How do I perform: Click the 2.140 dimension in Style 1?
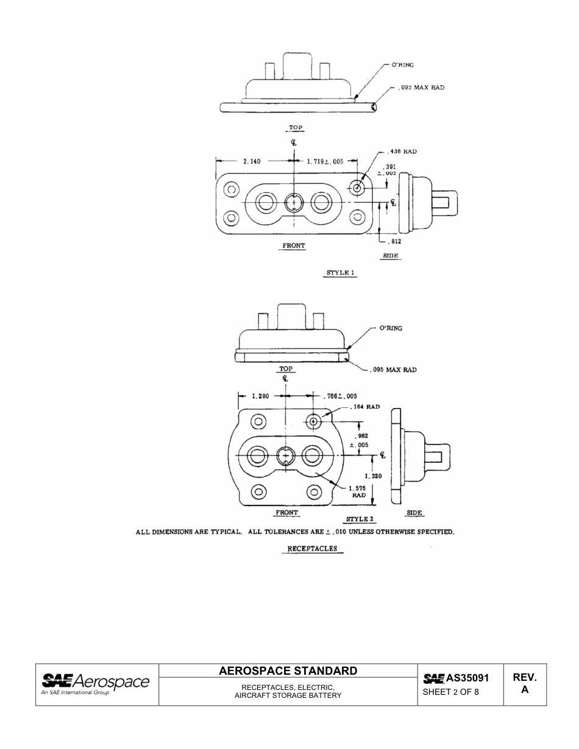252,161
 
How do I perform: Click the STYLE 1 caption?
340,273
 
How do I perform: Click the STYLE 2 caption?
360,519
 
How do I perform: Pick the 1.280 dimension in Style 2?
261,396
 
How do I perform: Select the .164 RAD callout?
364,407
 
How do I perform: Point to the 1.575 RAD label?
358,492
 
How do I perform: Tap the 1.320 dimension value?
373,476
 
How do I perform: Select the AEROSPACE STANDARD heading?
288,671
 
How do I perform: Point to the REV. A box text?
524,684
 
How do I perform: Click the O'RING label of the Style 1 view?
403,65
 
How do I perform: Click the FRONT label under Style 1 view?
293,246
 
